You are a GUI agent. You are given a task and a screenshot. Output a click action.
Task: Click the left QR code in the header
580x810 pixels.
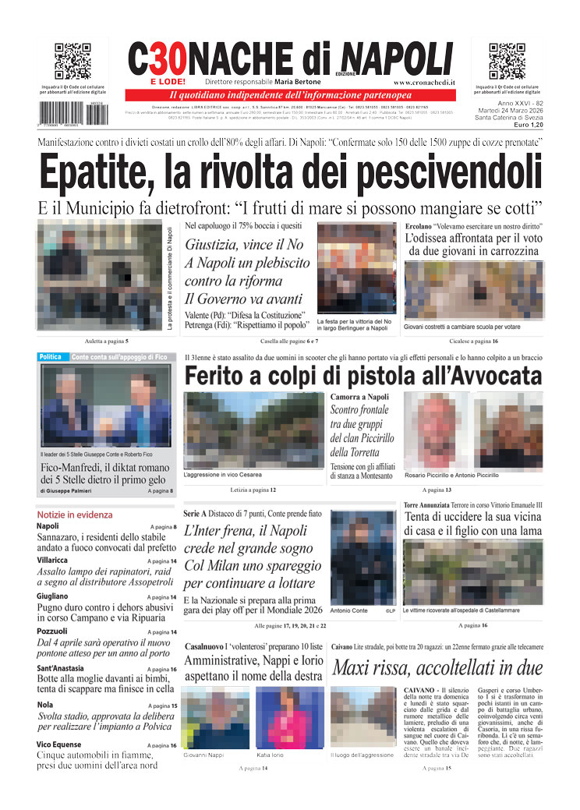[72, 62]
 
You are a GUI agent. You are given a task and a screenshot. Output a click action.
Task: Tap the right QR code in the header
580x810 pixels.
[507, 62]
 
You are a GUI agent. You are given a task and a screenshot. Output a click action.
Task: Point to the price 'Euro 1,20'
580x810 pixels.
[525, 125]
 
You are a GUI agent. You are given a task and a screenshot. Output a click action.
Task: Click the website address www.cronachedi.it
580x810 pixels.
[424, 82]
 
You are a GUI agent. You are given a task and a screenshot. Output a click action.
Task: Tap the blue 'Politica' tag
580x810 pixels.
[51, 357]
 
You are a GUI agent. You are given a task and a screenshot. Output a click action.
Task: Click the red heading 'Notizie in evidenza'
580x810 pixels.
[75, 515]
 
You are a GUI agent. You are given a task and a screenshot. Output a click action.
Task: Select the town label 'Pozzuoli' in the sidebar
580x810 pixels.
[52, 631]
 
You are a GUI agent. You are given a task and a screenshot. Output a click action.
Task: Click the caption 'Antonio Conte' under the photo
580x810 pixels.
[348, 610]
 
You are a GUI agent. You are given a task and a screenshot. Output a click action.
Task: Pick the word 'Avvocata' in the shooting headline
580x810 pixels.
[485, 376]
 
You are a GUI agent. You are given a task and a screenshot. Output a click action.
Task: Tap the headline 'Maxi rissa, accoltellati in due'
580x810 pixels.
[437, 668]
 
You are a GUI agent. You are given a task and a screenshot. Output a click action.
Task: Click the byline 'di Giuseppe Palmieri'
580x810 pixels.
[69, 491]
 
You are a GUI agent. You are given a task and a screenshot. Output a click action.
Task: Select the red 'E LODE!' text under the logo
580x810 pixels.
[168, 81]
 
